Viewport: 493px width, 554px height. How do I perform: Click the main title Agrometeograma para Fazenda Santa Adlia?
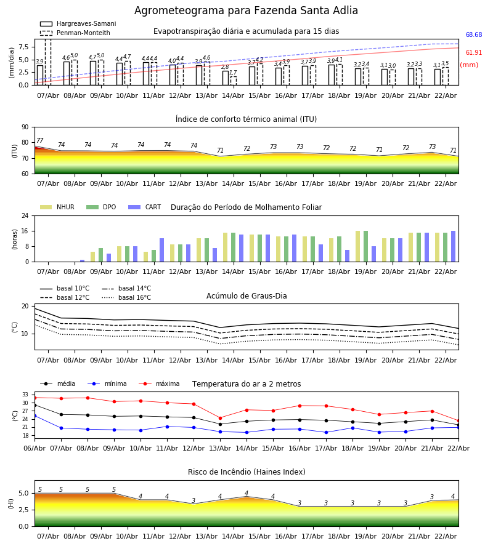pos(246,11)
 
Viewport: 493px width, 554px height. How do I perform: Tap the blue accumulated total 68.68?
pos(474,35)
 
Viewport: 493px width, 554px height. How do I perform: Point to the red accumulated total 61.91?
pos(474,54)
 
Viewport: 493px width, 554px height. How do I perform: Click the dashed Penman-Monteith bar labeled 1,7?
pos(233,81)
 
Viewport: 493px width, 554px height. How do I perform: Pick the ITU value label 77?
pos(40,141)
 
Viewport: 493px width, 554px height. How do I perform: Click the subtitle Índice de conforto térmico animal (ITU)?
pos(246,119)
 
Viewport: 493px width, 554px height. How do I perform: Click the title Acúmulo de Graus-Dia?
pos(246,296)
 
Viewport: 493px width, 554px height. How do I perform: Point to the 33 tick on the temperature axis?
pos(25,395)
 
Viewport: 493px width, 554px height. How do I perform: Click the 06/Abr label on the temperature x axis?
pos(35,448)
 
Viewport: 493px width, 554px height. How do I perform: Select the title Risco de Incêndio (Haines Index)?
pos(246,472)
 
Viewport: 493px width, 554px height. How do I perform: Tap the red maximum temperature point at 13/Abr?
pos(220,418)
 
